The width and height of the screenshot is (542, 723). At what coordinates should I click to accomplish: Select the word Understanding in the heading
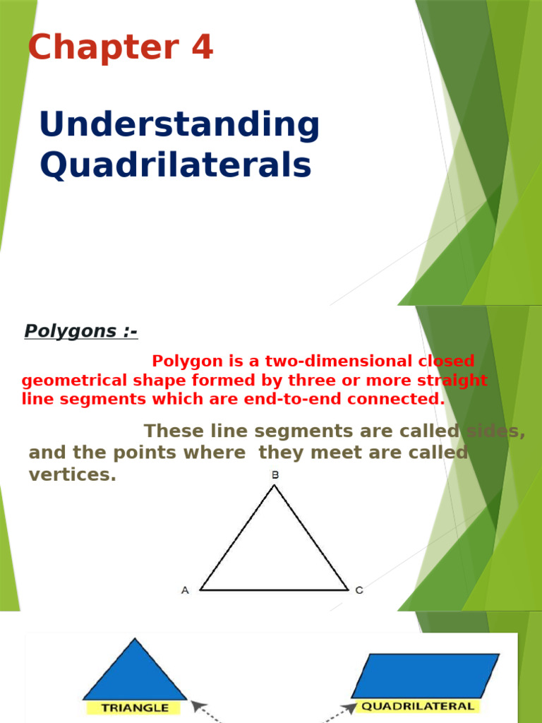(x=179, y=125)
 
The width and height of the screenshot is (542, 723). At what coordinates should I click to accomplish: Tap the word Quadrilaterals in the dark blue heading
(x=175, y=165)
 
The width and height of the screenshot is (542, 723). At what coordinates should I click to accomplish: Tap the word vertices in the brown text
(x=72, y=475)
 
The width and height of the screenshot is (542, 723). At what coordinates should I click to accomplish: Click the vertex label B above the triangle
(x=275, y=475)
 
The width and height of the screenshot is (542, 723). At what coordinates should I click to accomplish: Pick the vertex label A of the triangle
(x=185, y=590)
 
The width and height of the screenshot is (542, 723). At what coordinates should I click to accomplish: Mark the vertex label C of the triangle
(x=359, y=590)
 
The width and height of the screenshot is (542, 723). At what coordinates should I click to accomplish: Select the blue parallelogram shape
(x=425, y=676)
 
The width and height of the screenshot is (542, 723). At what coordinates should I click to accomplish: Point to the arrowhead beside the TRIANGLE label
(x=197, y=706)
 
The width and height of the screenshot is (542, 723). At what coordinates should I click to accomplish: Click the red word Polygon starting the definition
(x=185, y=361)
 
